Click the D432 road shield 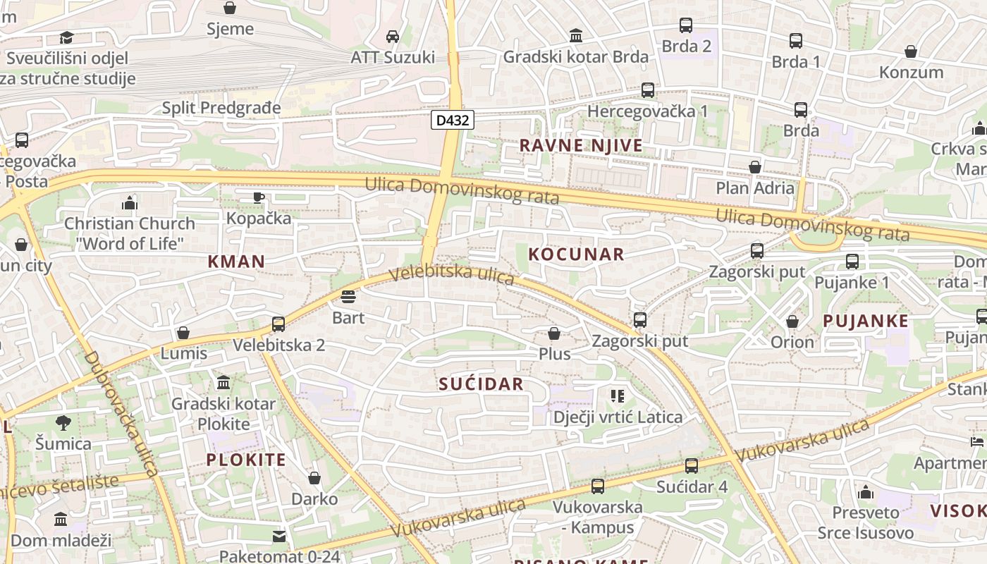(452, 120)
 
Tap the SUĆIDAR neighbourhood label (481, 384)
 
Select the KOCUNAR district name (576, 254)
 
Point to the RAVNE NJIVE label (581, 145)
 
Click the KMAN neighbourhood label (236, 261)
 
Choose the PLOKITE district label (246, 460)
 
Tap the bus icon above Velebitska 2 (278, 324)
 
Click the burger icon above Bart (348, 297)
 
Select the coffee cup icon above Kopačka (258, 197)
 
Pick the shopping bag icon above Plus (554, 333)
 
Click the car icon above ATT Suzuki (393, 36)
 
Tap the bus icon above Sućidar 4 (692, 466)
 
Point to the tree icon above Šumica (63, 423)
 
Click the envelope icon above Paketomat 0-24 (280, 537)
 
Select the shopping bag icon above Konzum (911, 51)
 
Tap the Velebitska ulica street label (451, 274)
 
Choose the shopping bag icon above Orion (792, 321)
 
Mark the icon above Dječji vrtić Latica (618, 396)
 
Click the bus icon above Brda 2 (686, 25)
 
